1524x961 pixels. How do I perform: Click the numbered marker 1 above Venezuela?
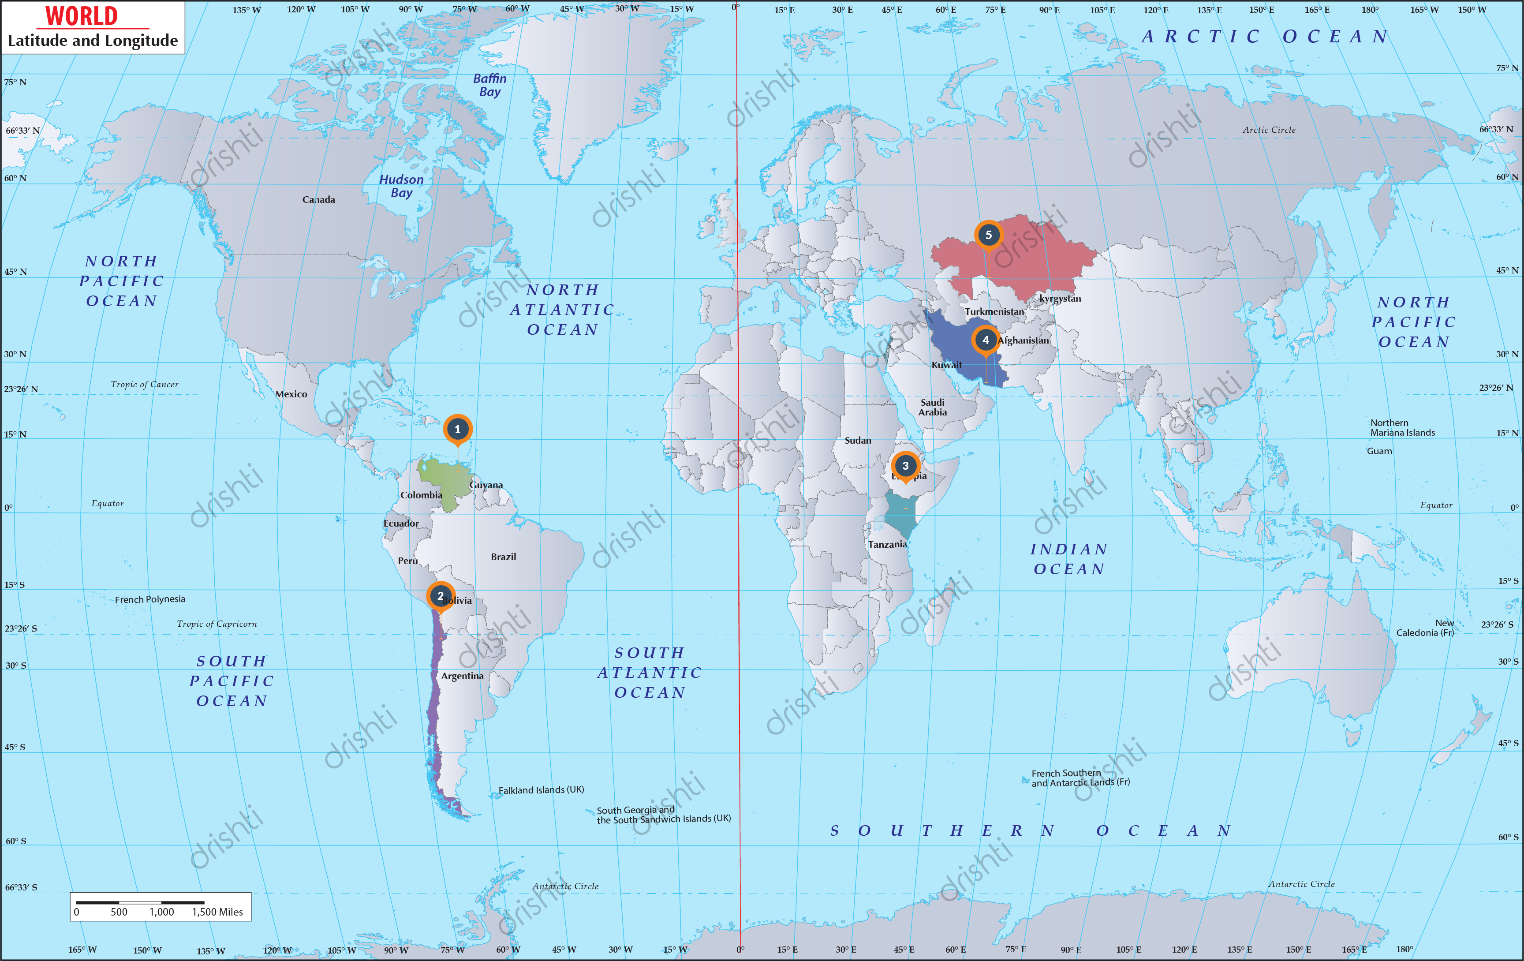[x=458, y=429]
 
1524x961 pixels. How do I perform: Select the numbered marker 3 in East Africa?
[x=905, y=466]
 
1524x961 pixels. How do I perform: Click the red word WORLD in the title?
[x=82, y=16]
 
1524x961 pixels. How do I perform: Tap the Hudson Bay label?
[x=401, y=186]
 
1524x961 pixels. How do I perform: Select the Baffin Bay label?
[x=490, y=85]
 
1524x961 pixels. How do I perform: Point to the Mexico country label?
[x=291, y=394]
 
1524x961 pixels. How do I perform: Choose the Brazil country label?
[x=503, y=557]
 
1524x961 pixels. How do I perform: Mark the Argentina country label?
[x=462, y=676]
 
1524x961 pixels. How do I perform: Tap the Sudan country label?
[x=858, y=441]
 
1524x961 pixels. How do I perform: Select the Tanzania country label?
[x=887, y=544]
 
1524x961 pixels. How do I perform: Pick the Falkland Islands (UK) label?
[x=541, y=790]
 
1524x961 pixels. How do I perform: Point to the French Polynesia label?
[x=150, y=599]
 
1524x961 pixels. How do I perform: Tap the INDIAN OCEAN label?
[x=1069, y=559]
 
